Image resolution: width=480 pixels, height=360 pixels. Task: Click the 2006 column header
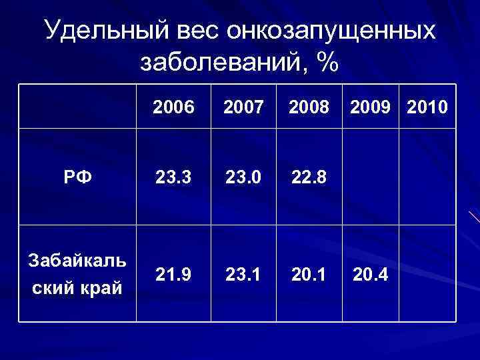[173, 107]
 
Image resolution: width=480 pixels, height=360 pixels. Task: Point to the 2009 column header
[370, 107]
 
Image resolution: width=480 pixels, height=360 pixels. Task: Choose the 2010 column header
[427, 107]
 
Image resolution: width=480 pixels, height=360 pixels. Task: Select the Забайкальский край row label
[77, 274]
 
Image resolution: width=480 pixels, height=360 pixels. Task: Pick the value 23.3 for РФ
[173, 179]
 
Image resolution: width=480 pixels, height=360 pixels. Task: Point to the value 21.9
[173, 274]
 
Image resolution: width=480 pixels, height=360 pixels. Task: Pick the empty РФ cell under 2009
[371, 179]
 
